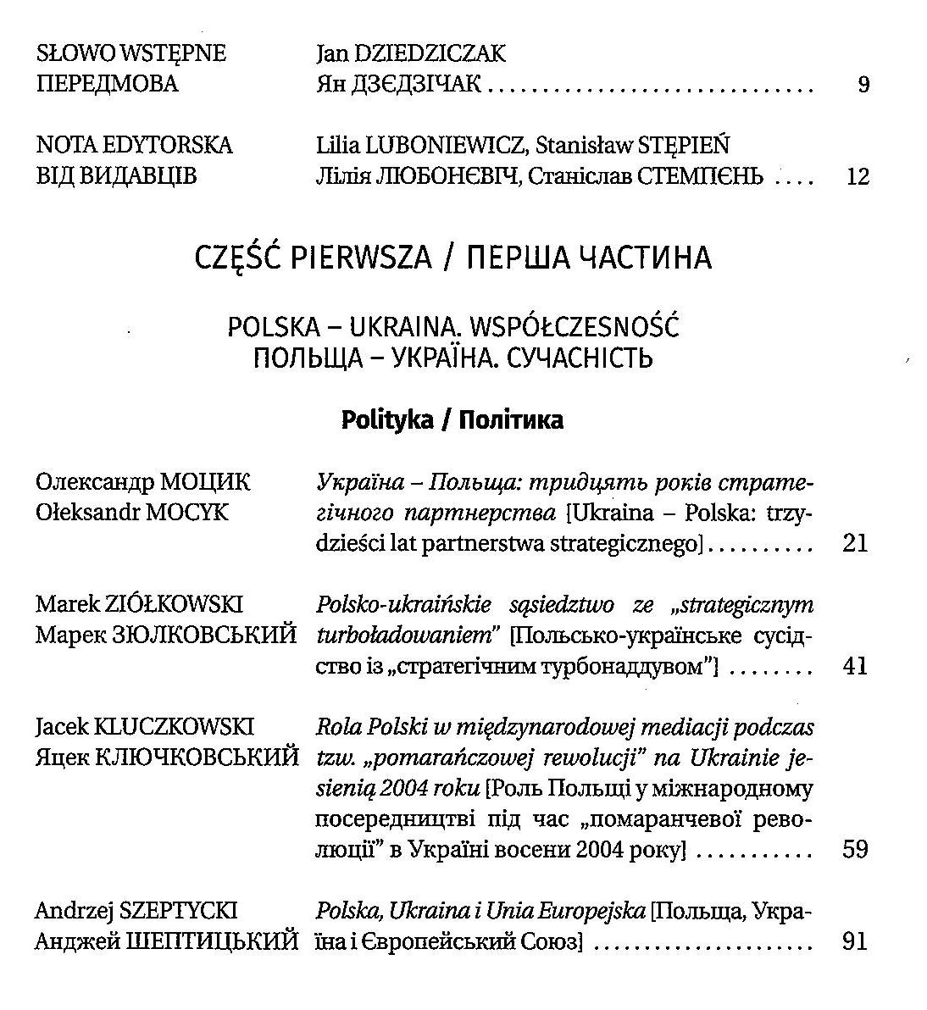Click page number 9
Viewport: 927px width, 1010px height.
(x=863, y=85)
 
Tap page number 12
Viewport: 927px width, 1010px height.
(x=858, y=177)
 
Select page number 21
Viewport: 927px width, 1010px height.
(x=856, y=543)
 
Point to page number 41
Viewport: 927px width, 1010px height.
(x=856, y=666)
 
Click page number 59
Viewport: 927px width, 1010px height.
(x=856, y=849)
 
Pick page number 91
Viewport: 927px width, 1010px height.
(x=856, y=941)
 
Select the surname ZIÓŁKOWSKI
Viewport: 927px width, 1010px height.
(x=173, y=605)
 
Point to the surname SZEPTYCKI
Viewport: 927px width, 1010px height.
(x=178, y=911)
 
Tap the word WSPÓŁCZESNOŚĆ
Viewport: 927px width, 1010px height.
(x=575, y=328)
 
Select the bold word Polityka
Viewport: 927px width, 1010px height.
(x=387, y=420)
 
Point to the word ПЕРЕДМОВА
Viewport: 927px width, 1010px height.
(x=108, y=85)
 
